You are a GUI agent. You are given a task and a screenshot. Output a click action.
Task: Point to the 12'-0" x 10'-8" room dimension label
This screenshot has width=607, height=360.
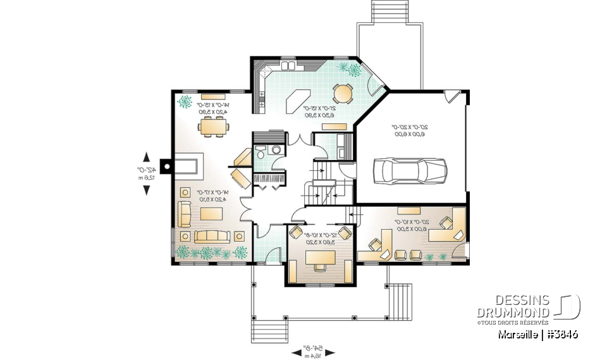click(319, 238)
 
